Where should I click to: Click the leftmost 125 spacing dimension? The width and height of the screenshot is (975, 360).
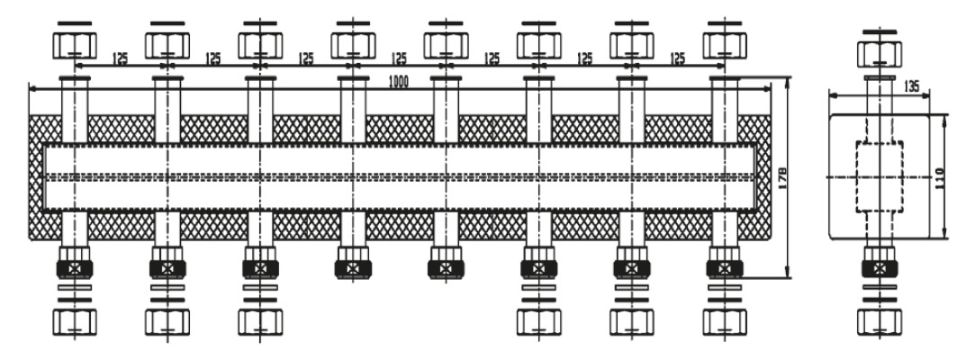click(x=121, y=58)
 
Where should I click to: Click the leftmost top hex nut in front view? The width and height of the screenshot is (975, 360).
click(x=74, y=42)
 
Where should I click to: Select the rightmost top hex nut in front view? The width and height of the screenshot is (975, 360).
click(x=727, y=42)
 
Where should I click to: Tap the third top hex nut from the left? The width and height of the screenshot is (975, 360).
click(x=260, y=42)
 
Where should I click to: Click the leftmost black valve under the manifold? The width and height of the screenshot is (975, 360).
click(x=74, y=267)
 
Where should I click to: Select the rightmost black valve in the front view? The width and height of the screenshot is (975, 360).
click(x=727, y=267)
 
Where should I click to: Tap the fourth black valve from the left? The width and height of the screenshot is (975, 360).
click(x=354, y=267)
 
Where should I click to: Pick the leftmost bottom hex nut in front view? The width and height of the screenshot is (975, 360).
click(x=74, y=320)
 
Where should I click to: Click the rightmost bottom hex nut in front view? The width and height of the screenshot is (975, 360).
click(x=727, y=320)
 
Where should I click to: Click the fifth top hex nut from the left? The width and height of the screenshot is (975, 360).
click(x=447, y=42)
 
